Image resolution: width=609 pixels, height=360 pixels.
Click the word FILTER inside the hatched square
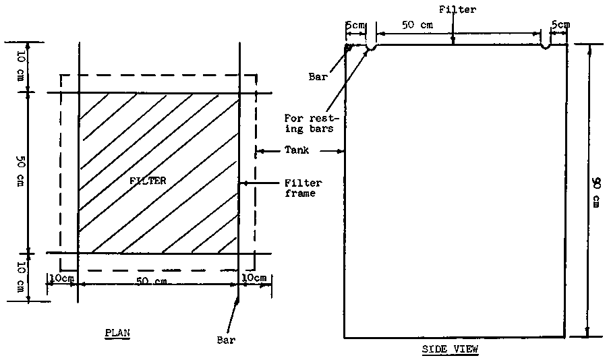point(148,181)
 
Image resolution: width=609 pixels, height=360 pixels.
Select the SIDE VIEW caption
point(449,349)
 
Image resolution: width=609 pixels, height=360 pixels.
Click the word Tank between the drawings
point(297,150)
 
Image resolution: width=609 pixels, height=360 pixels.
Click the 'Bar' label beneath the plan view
point(227,340)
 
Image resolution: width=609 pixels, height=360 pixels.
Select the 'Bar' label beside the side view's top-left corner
point(318,77)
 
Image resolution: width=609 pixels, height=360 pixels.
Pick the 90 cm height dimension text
point(597,190)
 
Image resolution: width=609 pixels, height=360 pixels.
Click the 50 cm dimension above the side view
point(418,25)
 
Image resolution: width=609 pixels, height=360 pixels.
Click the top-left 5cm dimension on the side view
point(355,25)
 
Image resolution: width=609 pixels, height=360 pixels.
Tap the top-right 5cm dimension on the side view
point(560,25)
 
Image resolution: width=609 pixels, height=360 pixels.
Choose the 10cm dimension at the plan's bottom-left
point(61,278)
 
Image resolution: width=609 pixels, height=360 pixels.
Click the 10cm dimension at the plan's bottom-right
point(254,278)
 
